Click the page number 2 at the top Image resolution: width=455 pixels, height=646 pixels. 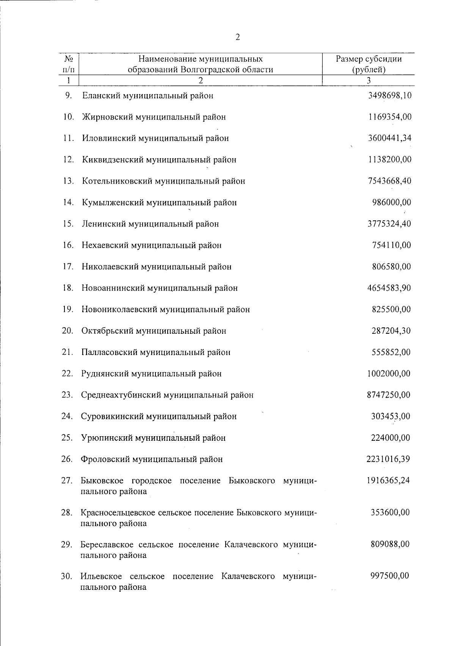(238, 37)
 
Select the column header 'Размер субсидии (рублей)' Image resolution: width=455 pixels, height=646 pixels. (369, 64)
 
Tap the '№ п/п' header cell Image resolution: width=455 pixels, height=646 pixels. (69, 64)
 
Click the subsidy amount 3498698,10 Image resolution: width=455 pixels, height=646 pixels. (389, 96)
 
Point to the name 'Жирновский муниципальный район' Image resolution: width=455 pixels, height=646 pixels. (154, 117)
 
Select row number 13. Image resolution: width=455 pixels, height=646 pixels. (68, 181)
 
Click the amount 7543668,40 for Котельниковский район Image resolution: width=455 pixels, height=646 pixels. (389, 181)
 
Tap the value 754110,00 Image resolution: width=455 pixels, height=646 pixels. (391, 245)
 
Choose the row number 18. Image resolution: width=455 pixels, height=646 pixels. (68, 288)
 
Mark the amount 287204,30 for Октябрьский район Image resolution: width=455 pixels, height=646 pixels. (391, 331)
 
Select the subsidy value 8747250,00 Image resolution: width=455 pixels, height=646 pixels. (389, 395)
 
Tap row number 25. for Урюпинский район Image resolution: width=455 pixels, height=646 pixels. (67, 438)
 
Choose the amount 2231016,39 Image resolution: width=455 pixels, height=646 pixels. (388, 459)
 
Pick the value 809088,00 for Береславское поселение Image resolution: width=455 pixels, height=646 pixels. (390, 544)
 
